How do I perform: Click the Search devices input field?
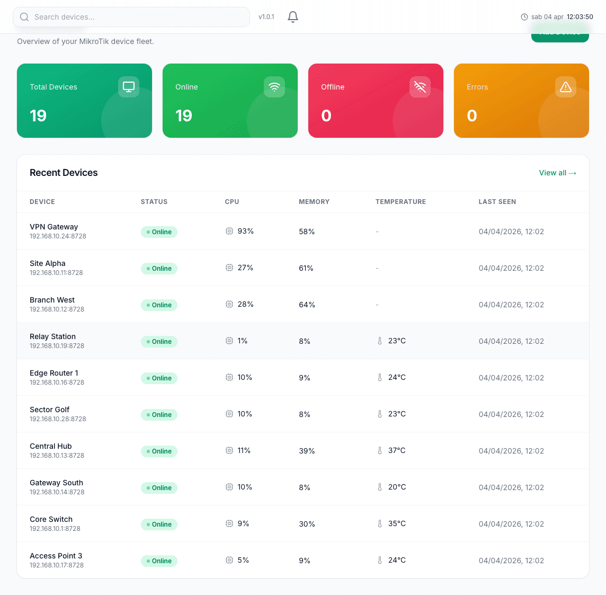[131, 17]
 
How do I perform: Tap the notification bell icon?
[293, 17]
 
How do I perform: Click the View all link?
[557, 173]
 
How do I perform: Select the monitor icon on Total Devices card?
[129, 87]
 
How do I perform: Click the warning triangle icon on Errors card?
[565, 87]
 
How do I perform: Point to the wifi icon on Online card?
[274, 87]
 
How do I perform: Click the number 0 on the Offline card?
[326, 116]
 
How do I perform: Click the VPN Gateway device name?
[54, 227]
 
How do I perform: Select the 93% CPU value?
[245, 231]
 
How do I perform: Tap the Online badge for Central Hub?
[159, 451]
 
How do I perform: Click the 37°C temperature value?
[396, 450]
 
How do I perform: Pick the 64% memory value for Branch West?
[307, 305]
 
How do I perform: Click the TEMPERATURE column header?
[400, 202]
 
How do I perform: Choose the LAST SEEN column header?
[497, 202]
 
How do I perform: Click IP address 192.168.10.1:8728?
[55, 529]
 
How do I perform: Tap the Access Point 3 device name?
[56, 556]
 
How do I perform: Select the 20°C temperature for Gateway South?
[397, 487]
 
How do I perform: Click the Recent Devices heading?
[64, 173]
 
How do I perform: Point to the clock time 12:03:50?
[580, 17]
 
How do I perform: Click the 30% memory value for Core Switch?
[307, 524]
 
